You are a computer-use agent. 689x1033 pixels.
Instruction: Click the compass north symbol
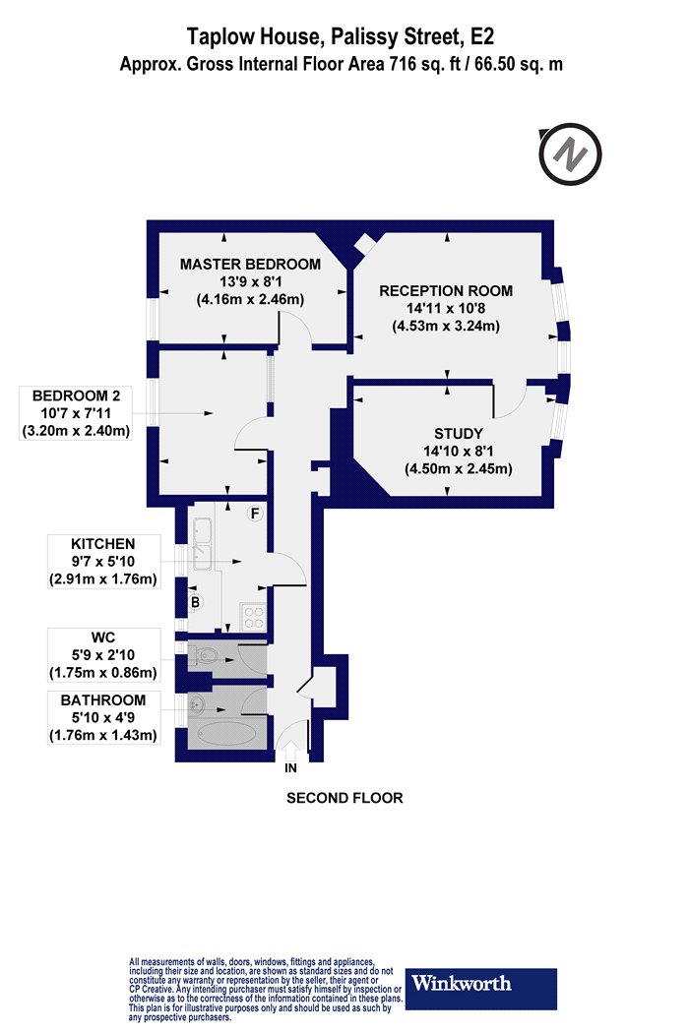tap(570, 154)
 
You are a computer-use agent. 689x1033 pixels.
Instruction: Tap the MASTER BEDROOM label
tap(251, 265)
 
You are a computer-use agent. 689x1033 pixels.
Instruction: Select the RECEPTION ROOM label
tap(446, 290)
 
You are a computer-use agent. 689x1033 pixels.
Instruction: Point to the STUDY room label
tap(459, 434)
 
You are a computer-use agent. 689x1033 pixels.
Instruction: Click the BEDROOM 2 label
tap(76, 395)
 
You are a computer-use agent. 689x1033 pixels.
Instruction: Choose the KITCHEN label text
tap(102, 544)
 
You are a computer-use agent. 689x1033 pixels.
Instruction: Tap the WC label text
tap(102, 638)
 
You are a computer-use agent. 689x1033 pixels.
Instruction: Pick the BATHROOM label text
tap(102, 700)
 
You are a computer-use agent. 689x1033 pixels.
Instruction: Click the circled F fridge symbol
tap(255, 514)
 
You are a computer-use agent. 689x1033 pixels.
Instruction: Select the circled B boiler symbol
tap(195, 601)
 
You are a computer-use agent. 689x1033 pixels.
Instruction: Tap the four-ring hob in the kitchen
tap(254, 617)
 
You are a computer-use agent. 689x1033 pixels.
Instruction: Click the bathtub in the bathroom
tap(227, 734)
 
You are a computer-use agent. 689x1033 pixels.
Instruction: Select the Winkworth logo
tap(480, 989)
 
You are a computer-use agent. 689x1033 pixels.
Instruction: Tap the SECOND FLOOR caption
tap(344, 798)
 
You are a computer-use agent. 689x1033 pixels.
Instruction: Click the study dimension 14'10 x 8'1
tap(459, 452)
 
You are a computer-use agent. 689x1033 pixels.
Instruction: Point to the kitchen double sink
tap(203, 544)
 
